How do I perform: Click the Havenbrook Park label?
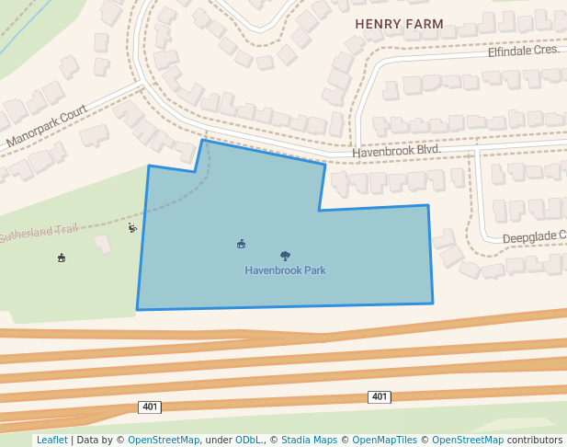click(x=285, y=270)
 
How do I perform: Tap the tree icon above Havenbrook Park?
click(x=285, y=256)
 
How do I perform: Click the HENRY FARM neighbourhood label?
click(x=399, y=24)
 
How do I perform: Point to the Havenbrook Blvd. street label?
click(x=396, y=150)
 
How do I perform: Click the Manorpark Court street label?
click(x=46, y=126)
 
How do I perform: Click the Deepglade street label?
click(x=533, y=237)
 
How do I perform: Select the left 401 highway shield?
click(x=150, y=407)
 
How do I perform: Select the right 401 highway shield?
click(x=380, y=396)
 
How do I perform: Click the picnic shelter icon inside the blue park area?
click(x=241, y=244)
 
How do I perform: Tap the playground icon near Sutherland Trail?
click(x=132, y=227)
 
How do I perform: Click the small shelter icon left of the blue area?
click(x=62, y=258)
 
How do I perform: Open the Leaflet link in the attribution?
click(x=51, y=440)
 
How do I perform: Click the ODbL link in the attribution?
click(x=249, y=440)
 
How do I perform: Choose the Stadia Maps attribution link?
click(x=309, y=440)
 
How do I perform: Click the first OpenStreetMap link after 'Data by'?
click(x=164, y=440)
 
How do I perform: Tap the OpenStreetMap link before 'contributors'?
click(x=468, y=440)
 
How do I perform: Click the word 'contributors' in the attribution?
click(x=535, y=440)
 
